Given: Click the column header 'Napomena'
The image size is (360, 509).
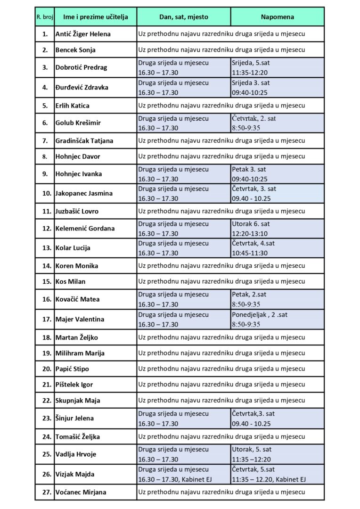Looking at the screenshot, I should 277,17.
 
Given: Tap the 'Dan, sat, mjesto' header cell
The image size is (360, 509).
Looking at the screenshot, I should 184,17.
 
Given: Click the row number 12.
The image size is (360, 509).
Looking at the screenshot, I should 45,229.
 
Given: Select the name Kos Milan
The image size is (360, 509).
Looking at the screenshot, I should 70,281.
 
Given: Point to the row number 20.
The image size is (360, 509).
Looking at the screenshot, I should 46,369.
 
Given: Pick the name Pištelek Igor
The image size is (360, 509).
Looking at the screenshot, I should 74,385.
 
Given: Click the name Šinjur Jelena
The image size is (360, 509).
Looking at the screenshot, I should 74,418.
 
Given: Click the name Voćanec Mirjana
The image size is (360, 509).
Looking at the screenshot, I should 81,492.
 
